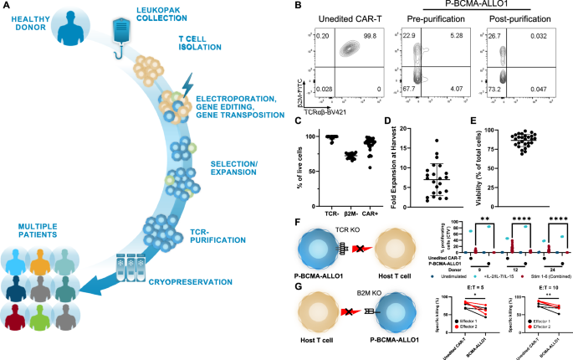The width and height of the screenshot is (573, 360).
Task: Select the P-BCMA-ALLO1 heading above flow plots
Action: (475, 6)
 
